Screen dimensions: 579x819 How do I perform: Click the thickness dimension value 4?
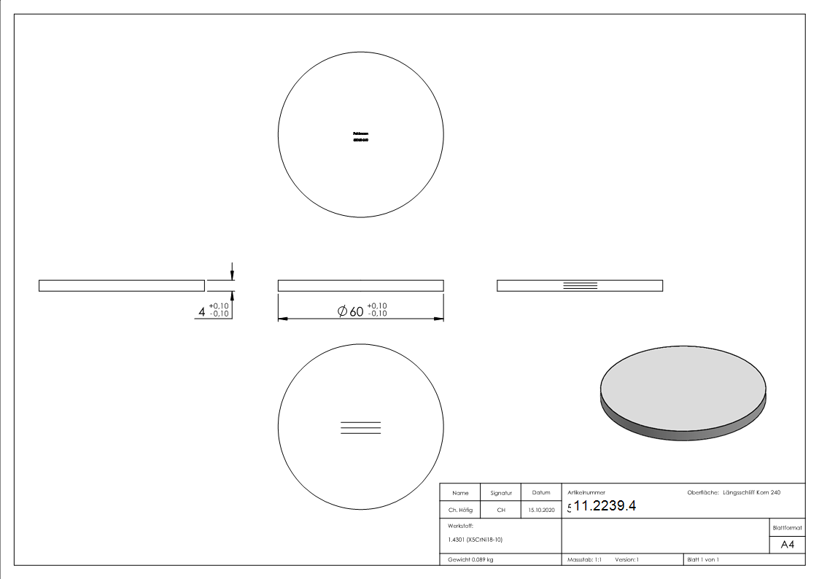202,311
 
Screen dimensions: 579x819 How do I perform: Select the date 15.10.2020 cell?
541,510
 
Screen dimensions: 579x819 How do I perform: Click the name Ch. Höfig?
460,510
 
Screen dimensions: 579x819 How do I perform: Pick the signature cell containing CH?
501,510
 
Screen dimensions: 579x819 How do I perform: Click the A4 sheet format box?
787,545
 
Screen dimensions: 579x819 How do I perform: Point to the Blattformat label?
787,527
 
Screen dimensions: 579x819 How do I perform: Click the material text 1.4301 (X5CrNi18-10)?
475,540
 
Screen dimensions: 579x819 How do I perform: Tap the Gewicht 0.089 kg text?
470,560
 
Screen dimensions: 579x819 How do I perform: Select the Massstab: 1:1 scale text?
584,560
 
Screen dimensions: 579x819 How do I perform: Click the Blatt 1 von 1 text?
703,560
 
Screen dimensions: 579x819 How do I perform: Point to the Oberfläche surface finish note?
734,493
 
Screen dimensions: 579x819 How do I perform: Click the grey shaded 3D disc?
683,390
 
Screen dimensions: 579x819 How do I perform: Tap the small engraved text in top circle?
360,136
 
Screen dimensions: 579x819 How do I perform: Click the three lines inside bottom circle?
361,428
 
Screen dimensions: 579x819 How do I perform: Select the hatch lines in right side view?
581,285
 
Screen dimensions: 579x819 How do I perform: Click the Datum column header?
541,493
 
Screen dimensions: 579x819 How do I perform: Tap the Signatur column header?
501,493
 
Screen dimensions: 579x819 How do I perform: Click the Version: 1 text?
626,560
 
